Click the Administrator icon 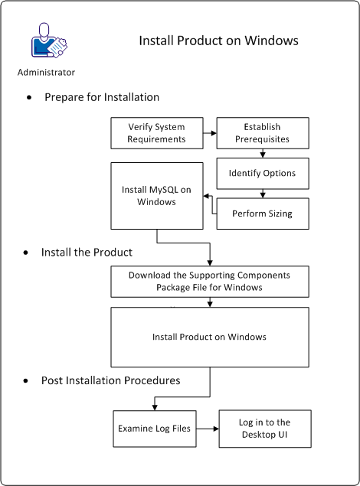click(46, 43)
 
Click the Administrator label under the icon click(47, 73)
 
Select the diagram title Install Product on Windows click(218, 41)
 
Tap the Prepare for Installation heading click(102, 97)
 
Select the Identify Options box click(263, 173)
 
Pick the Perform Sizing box click(263, 213)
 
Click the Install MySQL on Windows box click(157, 194)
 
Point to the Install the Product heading click(87, 252)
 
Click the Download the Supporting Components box click(209, 281)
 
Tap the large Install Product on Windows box click(209, 337)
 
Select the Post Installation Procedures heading click(112, 380)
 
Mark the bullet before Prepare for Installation click(30, 99)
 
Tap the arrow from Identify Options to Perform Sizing click(263, 193)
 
